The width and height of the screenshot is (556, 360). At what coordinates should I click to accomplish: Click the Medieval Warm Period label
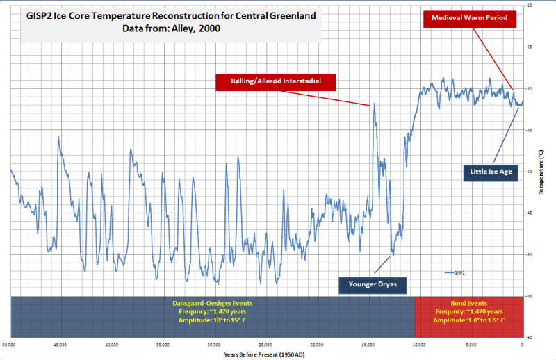click(470, 17)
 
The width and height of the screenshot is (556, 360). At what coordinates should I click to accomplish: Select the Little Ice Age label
click(490, 170)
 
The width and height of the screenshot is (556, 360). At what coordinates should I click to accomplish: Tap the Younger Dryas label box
click(373, 284)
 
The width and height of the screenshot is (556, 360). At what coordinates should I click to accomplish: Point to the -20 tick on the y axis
click(530, 6)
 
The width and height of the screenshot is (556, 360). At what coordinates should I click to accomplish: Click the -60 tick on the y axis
click(530, 337)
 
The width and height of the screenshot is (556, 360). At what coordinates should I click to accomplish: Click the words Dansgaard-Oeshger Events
click(213, 304)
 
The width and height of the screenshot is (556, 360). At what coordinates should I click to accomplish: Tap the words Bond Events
click(468, 304)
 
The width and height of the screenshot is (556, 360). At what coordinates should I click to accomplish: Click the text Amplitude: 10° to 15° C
click(213, 320)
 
